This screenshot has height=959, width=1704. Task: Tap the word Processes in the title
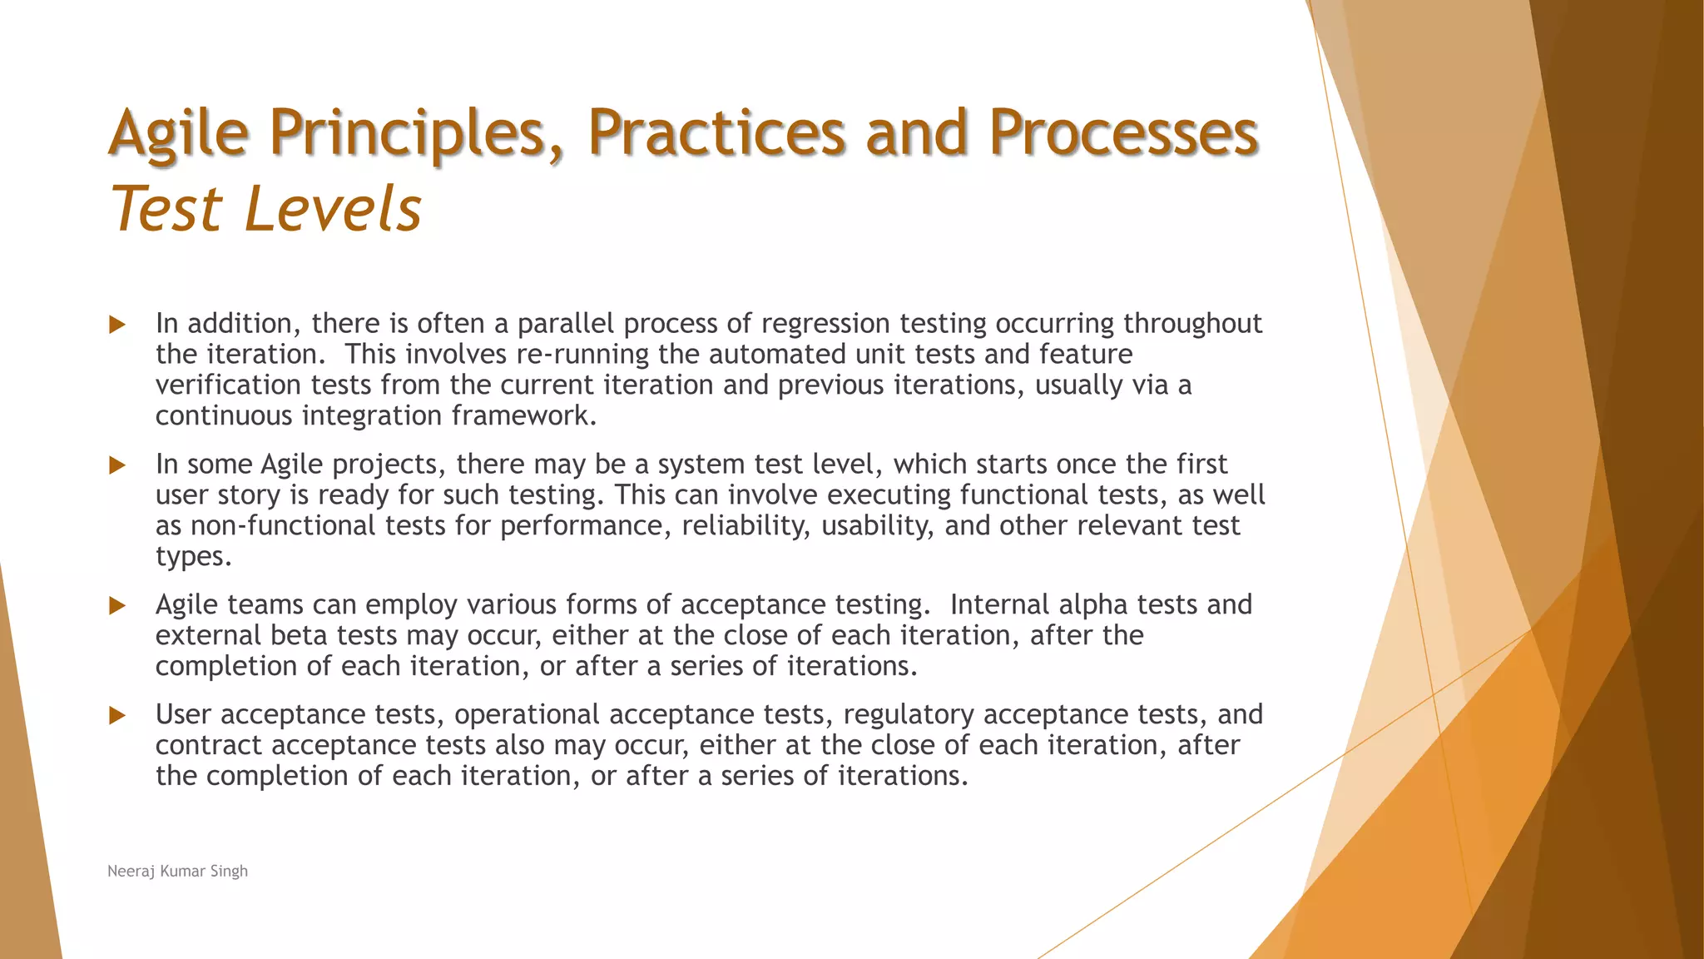pyautogui.click(x=1123, y=133)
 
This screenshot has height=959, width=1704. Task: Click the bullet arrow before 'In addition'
pyautogui.click(x=117, y=325)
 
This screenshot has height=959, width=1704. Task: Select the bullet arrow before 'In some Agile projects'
pyautogui.click(x=117, y=465)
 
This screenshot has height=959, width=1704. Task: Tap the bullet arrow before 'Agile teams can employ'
pyautogui.click(x=117, y=606)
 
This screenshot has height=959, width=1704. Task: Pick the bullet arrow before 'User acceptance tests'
pyautogui.click(x=117, y=716)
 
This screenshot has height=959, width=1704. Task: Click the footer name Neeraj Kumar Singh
pyautogui.click(x=177, y=871)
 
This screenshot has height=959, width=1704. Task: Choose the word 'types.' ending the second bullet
pyautogui.click(x=193, y=557)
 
